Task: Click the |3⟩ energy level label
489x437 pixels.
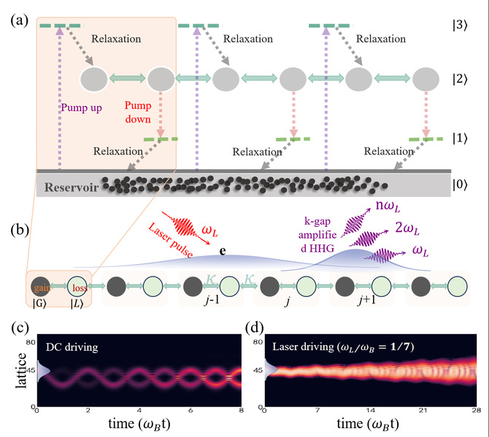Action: coord(460,26)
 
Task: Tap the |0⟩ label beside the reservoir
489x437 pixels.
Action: coord(460,185)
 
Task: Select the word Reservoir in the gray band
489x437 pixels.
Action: coord(72,187)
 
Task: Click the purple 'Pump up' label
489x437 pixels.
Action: coord(81,108)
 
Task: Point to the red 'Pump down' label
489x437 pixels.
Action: coord(138,112)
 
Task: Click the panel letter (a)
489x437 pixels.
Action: coord(19,20)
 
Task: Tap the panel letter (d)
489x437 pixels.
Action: coord(255,328)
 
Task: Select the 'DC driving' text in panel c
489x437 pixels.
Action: coord(72,347)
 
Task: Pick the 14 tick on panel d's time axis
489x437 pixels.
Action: coord(370,410)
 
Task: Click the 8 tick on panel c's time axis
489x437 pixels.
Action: coord(241,410)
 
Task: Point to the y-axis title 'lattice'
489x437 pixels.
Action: coord(21,371)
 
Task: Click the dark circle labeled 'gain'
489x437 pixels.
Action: coord(41,286)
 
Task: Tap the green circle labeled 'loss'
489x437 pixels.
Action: coord(77,286)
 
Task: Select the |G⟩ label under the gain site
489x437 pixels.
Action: coord(39,304)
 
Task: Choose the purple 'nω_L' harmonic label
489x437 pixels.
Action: coord(388,206)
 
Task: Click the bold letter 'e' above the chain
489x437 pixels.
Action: coord(223,251)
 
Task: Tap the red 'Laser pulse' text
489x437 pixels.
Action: coord(170,240)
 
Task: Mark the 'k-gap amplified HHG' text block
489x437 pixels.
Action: coord(317,235)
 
